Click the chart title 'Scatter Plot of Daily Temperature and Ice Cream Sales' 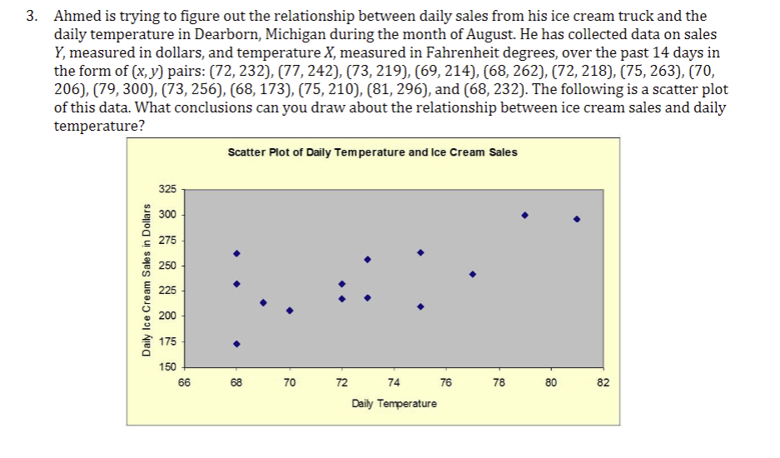[371, 152]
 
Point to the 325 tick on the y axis [168, 190]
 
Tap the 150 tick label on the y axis [168, 366]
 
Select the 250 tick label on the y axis [168, 266]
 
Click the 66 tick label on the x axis [184, 383]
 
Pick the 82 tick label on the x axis [604, 383]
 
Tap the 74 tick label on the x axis [394, 383]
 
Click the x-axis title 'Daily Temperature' [394, 404]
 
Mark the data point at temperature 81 [576, 220]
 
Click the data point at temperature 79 [524, 215]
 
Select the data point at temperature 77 [472, 274]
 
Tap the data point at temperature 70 [290, 311]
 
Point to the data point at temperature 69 [263, 302]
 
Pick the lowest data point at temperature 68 [236, 343]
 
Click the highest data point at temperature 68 [236, 253]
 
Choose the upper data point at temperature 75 [420, 252]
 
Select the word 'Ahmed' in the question [77, 17]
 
